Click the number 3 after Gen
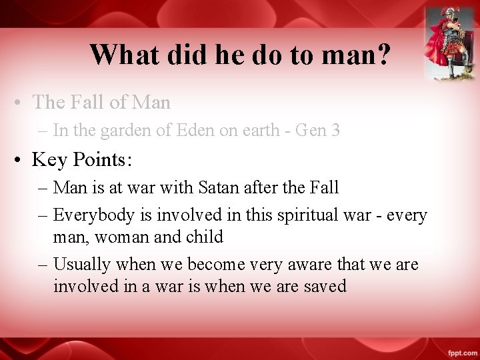(x=335, y=131)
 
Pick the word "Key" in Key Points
(x=50, y=160)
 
